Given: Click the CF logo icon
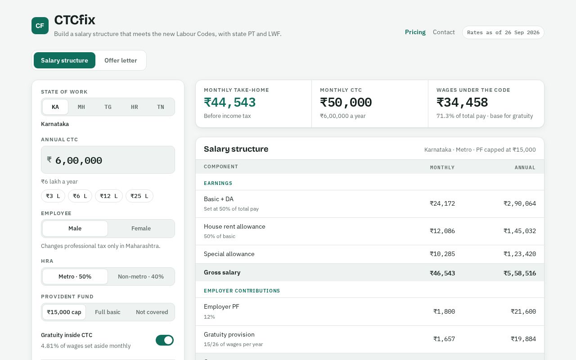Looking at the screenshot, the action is click(40, 26).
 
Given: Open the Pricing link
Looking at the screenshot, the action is click(415, 32).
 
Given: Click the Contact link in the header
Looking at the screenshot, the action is click(444, 32).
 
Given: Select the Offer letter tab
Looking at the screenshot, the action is click(121, 60).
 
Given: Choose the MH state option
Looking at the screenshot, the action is click(81, 107).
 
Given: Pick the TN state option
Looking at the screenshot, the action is click(161, 107).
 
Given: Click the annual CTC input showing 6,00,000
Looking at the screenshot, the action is click(108, 160).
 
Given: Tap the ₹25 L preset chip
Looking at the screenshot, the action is click(139, 196).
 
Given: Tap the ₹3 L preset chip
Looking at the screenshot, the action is click(53, 196).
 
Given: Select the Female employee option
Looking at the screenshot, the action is click(141, 228).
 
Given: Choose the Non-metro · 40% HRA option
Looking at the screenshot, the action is click(141, 277).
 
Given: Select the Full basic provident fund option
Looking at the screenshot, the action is click(108, 312).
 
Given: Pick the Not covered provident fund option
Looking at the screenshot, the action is click(152, 312).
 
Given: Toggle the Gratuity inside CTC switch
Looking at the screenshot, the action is click(165, 340).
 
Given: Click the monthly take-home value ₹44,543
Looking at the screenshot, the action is click(229, 102).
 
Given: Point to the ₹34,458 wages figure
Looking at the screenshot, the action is click(462, 102).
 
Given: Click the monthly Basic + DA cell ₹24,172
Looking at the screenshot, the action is click(442, 204).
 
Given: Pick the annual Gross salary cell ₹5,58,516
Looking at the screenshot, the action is click(520, 273).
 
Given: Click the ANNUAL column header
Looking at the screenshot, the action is click(525, 167).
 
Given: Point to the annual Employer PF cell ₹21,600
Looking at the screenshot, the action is click(523, 312).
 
